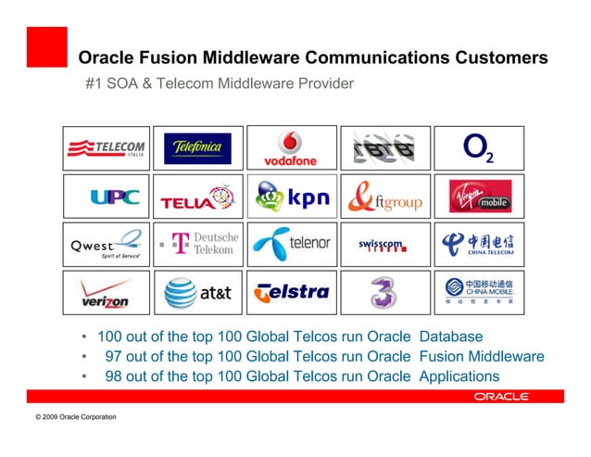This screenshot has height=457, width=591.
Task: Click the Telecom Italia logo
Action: click(107, 148)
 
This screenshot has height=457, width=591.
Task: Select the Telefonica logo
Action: click(197, 148)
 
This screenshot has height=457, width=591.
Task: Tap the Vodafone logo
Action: click(291, 148)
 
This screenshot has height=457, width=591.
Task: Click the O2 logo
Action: click(478, 148)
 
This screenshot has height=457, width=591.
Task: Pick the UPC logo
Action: click(114, 197)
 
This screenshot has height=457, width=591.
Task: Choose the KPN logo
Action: click(291, 197)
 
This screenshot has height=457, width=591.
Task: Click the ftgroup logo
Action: click(385, 197)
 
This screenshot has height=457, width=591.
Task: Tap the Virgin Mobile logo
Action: click(478, 197)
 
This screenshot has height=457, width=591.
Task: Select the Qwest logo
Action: click(107, 246)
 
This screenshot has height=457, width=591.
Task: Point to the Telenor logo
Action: click(291, 245)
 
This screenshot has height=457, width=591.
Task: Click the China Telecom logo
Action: click(478, 245)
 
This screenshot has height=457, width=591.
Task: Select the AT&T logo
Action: click(197, 294)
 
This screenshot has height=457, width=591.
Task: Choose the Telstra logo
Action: click(291, 293)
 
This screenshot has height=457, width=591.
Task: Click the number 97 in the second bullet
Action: click(114, 356)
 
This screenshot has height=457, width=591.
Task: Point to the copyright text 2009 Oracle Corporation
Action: click(75, 417)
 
